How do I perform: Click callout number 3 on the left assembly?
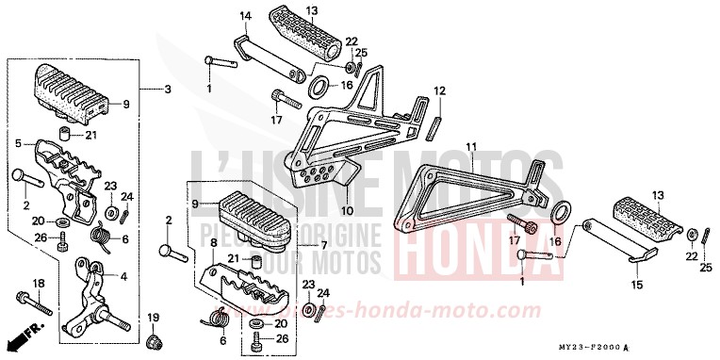coord(168,90)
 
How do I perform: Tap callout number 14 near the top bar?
coord(219,16)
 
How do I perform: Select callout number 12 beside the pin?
coord(439,91)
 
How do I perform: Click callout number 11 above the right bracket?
coord(471,146)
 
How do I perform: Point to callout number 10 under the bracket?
coord(345,210)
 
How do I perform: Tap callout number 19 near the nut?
coord(154,316)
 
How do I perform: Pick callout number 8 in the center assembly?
coord(214,243)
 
